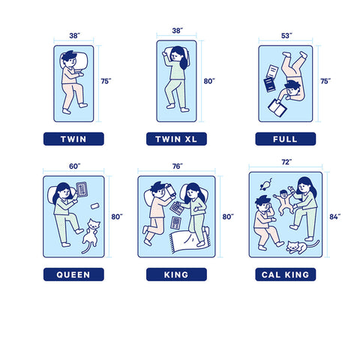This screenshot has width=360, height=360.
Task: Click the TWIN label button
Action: tap(73, 139)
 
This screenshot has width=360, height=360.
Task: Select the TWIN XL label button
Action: tap(176, 139)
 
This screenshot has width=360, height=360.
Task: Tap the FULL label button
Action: tap(286, 139)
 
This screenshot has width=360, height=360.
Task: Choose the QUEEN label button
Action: tap(73, 274)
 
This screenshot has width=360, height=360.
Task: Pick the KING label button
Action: tap(176, 274)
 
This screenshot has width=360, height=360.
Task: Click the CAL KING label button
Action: tap(286, 274)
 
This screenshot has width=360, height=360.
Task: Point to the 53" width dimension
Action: tap(286, 36)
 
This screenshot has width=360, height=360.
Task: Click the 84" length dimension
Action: tap(335, 217)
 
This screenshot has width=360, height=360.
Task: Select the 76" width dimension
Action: tap(178, 166)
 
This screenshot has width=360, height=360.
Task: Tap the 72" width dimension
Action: tap(286, 162)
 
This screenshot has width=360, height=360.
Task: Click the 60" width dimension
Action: tap(75, 166)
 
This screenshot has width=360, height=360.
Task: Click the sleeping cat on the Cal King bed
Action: tap(302, 247)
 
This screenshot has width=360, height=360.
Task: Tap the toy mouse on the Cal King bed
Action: tap(265, 184)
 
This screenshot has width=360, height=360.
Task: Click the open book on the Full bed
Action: tap(277, 108)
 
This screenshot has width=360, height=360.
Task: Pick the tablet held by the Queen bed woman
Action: tap(82, 189)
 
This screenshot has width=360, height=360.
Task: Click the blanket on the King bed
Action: tap(190, 241)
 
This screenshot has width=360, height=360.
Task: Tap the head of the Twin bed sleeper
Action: tap(69, 58)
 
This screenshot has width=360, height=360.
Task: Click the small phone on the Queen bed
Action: tap(94, 206)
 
